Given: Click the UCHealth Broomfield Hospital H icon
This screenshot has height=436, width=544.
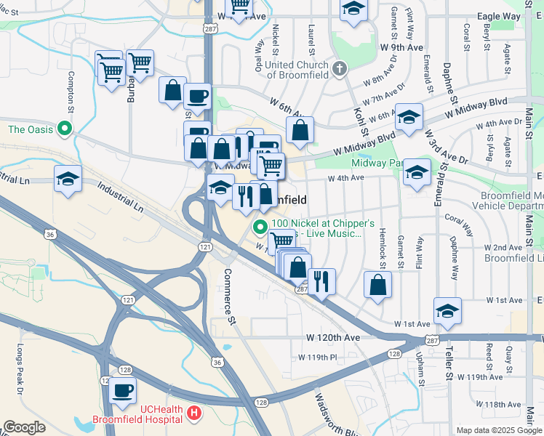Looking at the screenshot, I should [193, 413].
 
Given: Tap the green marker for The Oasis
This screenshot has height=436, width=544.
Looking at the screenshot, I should [65, 130].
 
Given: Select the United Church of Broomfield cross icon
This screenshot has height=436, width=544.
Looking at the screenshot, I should [338, 70].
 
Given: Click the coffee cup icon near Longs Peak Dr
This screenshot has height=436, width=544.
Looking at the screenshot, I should [122, 391].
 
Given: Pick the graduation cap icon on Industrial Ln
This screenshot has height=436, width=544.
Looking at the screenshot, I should [68, 179].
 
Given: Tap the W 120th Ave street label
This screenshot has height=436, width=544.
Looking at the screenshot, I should [333, 338].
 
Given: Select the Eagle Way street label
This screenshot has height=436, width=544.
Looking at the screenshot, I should [498, 16].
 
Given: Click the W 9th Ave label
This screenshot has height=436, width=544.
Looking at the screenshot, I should [401, 47].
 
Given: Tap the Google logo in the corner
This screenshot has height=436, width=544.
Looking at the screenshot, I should [24, 427].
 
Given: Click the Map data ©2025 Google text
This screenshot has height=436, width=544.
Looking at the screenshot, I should [499, 430].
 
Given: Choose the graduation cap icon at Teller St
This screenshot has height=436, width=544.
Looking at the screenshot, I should [448, 310].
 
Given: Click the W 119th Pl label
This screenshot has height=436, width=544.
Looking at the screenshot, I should [318, 358].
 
